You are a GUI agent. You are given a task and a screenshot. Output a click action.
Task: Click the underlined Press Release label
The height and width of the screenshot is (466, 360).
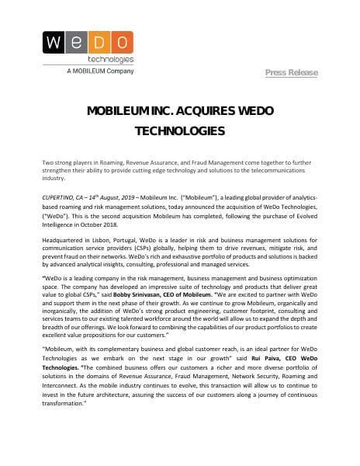click(x=291, y=72)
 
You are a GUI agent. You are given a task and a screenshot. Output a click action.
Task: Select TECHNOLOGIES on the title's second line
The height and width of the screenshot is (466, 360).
click(x=180, y=130)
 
